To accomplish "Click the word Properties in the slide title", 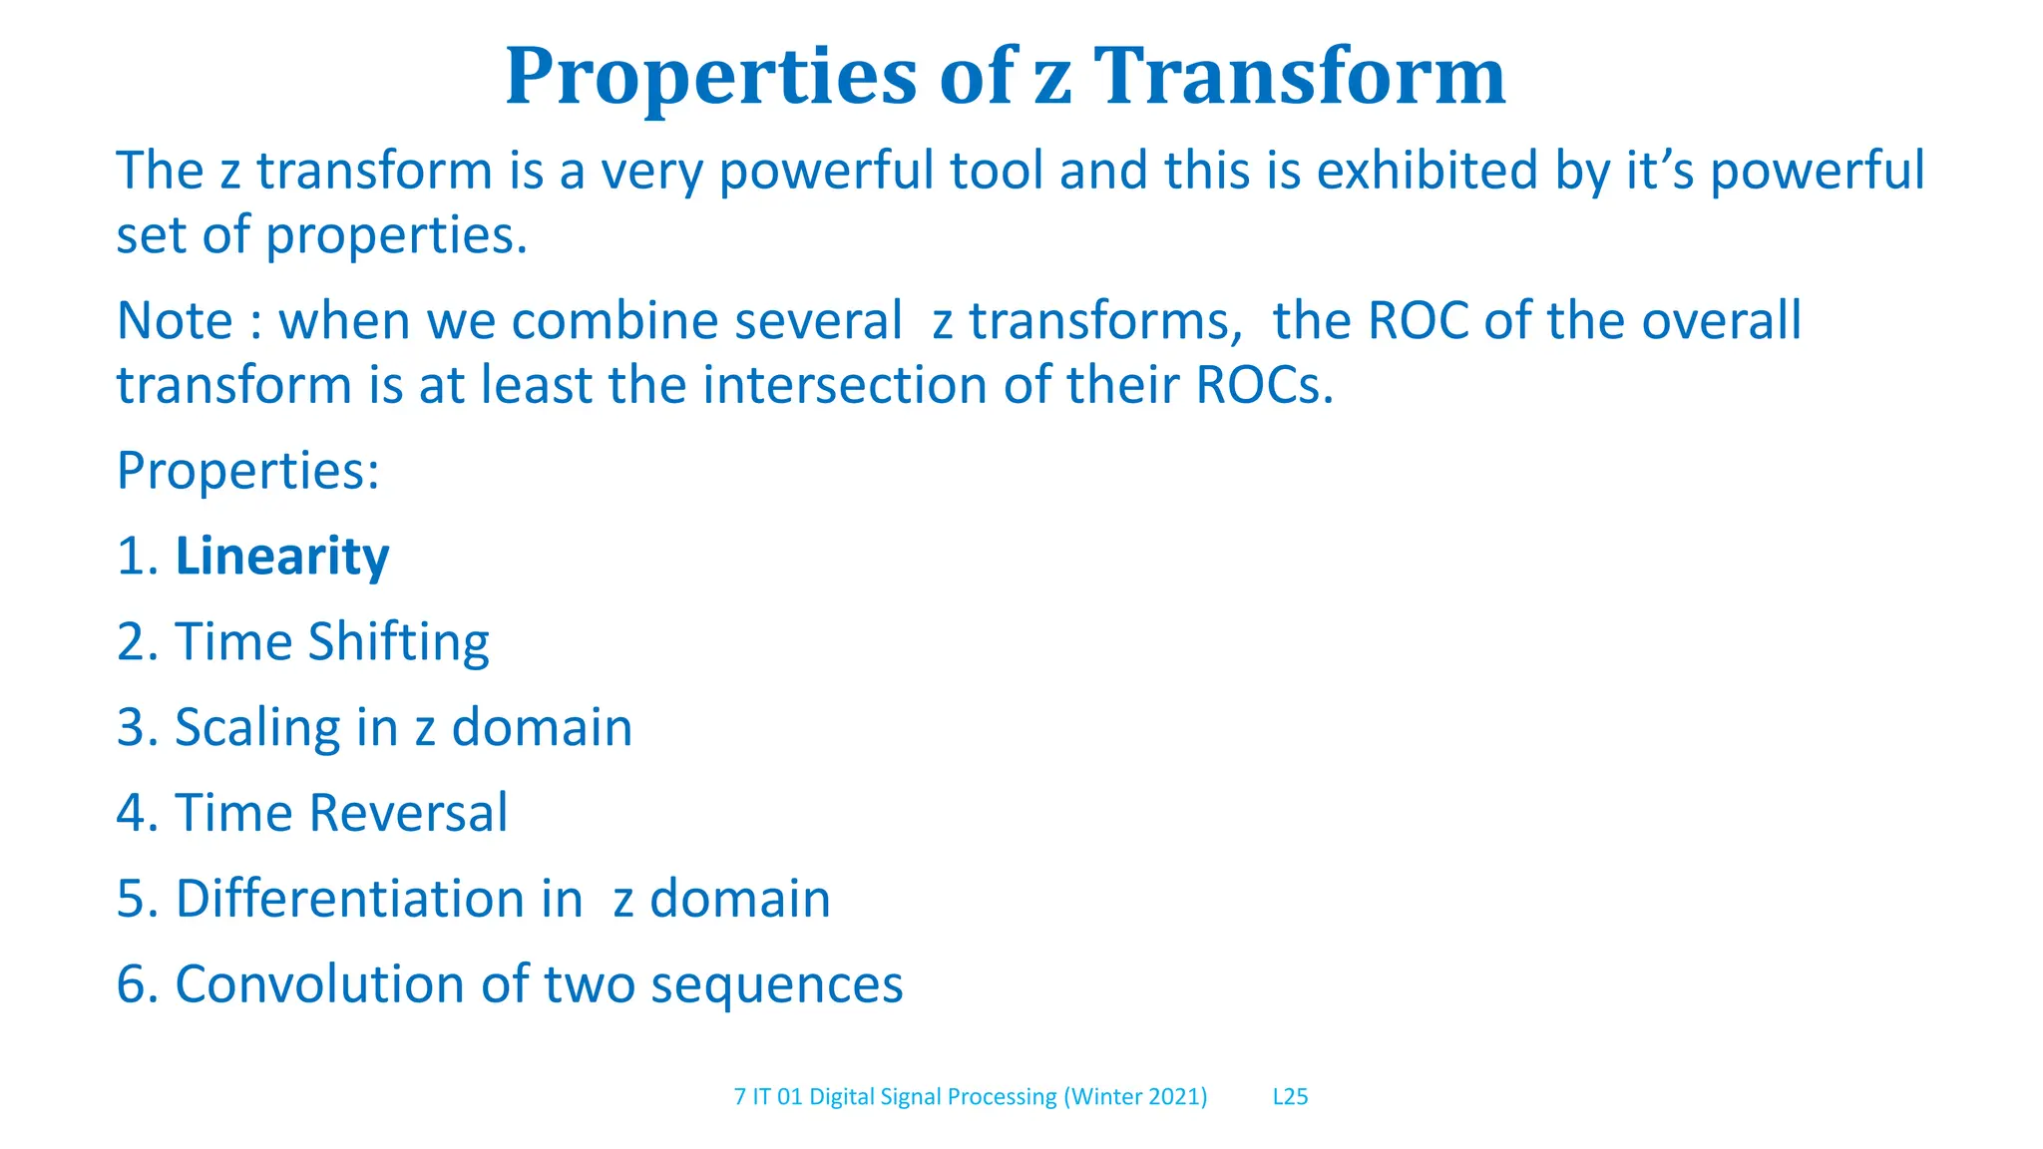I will [710, 77].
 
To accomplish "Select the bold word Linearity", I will [282, 557].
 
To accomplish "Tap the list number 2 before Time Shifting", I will [132, 641].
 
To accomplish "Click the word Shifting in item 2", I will [398, 641].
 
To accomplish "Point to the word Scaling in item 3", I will [257, 727].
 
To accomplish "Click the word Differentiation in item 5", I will [350, 899].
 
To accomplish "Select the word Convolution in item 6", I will [320, 984].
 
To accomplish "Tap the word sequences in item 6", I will [777, 984].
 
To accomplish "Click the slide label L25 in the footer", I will [1290, 1097].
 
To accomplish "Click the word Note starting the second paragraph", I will [175, 321].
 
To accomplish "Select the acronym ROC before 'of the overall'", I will [1418, 321].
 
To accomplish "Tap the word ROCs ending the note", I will [1264, 385].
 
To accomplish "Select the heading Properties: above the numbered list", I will [247, 471].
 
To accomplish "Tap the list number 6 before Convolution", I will [132, 984].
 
